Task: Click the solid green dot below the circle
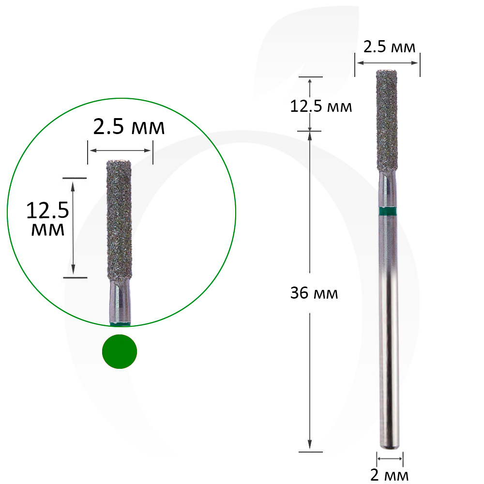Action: coord(120,351)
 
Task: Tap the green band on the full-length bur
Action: coord(388,211)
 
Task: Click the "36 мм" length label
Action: coord(314,293)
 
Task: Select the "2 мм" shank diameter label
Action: coord(389,475)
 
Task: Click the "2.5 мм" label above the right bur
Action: coord(389,47)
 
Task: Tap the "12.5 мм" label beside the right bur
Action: coord(321,106)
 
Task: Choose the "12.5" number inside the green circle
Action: coord(47,211)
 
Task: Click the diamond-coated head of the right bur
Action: coord(387,121)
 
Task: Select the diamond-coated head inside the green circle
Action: coord(120,220)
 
